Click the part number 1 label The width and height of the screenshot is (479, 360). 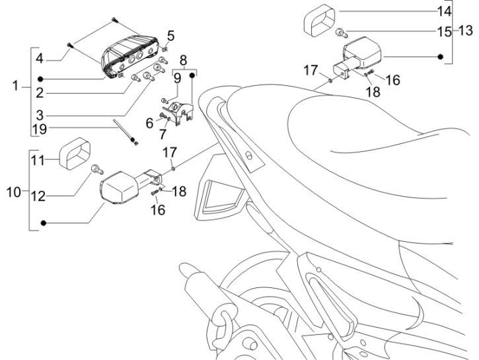click(17, 87)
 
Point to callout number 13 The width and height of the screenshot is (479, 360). click(466, 30)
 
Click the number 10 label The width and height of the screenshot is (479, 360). click(14, 193)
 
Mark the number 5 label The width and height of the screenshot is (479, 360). click(170, 34)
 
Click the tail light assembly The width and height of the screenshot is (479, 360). click(131, 54)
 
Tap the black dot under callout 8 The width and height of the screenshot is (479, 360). click(192, 75)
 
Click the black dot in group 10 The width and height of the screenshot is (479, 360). click(44, 225)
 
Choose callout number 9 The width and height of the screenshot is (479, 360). click(177, 78)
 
